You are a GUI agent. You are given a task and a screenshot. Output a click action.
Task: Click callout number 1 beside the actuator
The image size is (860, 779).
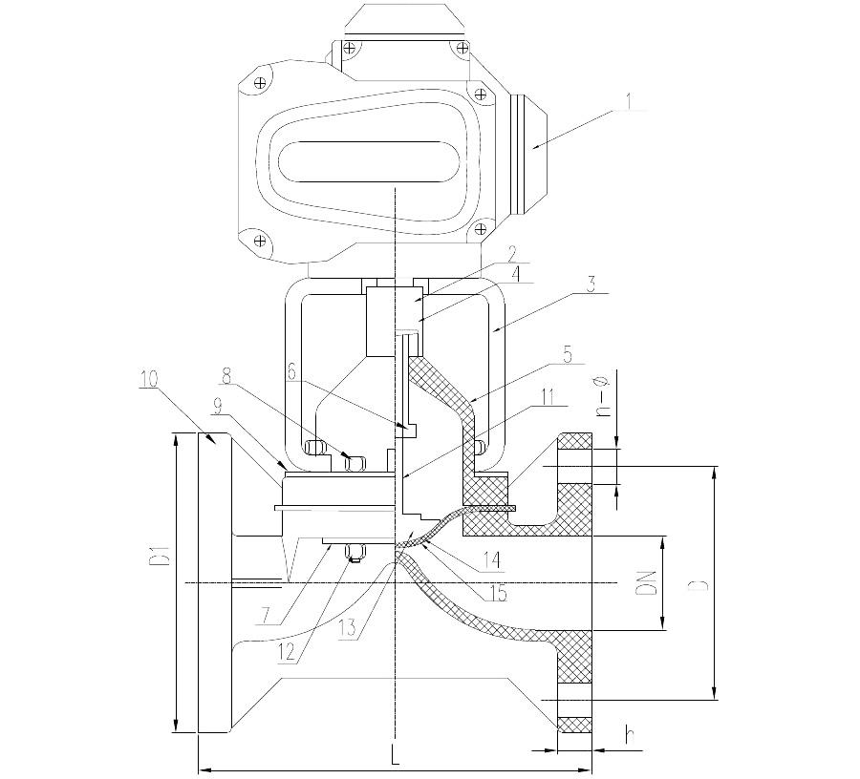[x=629, y=101]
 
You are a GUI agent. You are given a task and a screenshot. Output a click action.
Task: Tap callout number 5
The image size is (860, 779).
[x=567, y=354]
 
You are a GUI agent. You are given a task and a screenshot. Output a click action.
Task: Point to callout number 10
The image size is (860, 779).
[x=149, y=379]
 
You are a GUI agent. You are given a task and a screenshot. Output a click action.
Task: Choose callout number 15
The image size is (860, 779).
[x=497, y=593]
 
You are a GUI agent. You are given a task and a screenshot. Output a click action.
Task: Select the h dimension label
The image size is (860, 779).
[x=632, y=735]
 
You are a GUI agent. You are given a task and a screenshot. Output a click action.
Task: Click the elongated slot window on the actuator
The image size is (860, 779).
[x=370, y=162]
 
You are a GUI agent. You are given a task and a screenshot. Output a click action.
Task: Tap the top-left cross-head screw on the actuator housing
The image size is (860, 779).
[x=261, y=83]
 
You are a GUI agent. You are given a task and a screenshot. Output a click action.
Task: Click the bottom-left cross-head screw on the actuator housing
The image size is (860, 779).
[x=261, y=240]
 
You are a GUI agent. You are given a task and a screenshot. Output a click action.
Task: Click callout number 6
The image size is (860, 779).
[x=290, y=372]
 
